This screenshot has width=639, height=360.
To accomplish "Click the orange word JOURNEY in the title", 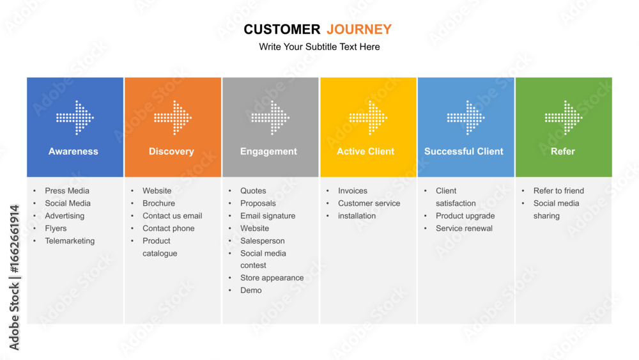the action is (x=359, y=29).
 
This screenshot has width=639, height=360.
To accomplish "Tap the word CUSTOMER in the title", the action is (x=282, y=29).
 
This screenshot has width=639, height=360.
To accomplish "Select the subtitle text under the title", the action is (x=319, y=47).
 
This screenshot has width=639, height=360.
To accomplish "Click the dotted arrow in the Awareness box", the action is (x=75, y=118).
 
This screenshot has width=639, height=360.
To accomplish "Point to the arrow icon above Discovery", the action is (x=173, y=118).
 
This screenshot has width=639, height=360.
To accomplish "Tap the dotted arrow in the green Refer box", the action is (x=564, y=118).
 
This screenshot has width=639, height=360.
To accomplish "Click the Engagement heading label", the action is (x=268, y=152).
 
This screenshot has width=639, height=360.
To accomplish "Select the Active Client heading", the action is (x=366, y=152).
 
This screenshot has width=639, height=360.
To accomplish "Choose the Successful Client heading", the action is (x=464, y=152).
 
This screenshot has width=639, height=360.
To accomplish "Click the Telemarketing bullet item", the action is (x=70, y=241).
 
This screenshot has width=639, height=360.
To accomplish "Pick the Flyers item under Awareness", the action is (x=56, y=228).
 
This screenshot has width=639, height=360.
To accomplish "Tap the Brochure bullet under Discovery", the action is (x=158, y=203).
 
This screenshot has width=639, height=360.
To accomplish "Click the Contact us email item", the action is (x=173, y=215).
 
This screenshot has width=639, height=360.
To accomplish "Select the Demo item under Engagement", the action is (x=251, y=290).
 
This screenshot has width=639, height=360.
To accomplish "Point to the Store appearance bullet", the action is (x=272, y=278).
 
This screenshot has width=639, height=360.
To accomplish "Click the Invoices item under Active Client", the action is (x=353, y=191).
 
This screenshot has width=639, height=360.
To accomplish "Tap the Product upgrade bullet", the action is (x=465, y=215).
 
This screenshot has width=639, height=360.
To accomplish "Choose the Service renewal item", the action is (x=464, y=228).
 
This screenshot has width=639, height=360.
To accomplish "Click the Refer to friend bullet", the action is (x=558, y=191).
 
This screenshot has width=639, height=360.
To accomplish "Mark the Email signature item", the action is (x=268, y=215).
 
